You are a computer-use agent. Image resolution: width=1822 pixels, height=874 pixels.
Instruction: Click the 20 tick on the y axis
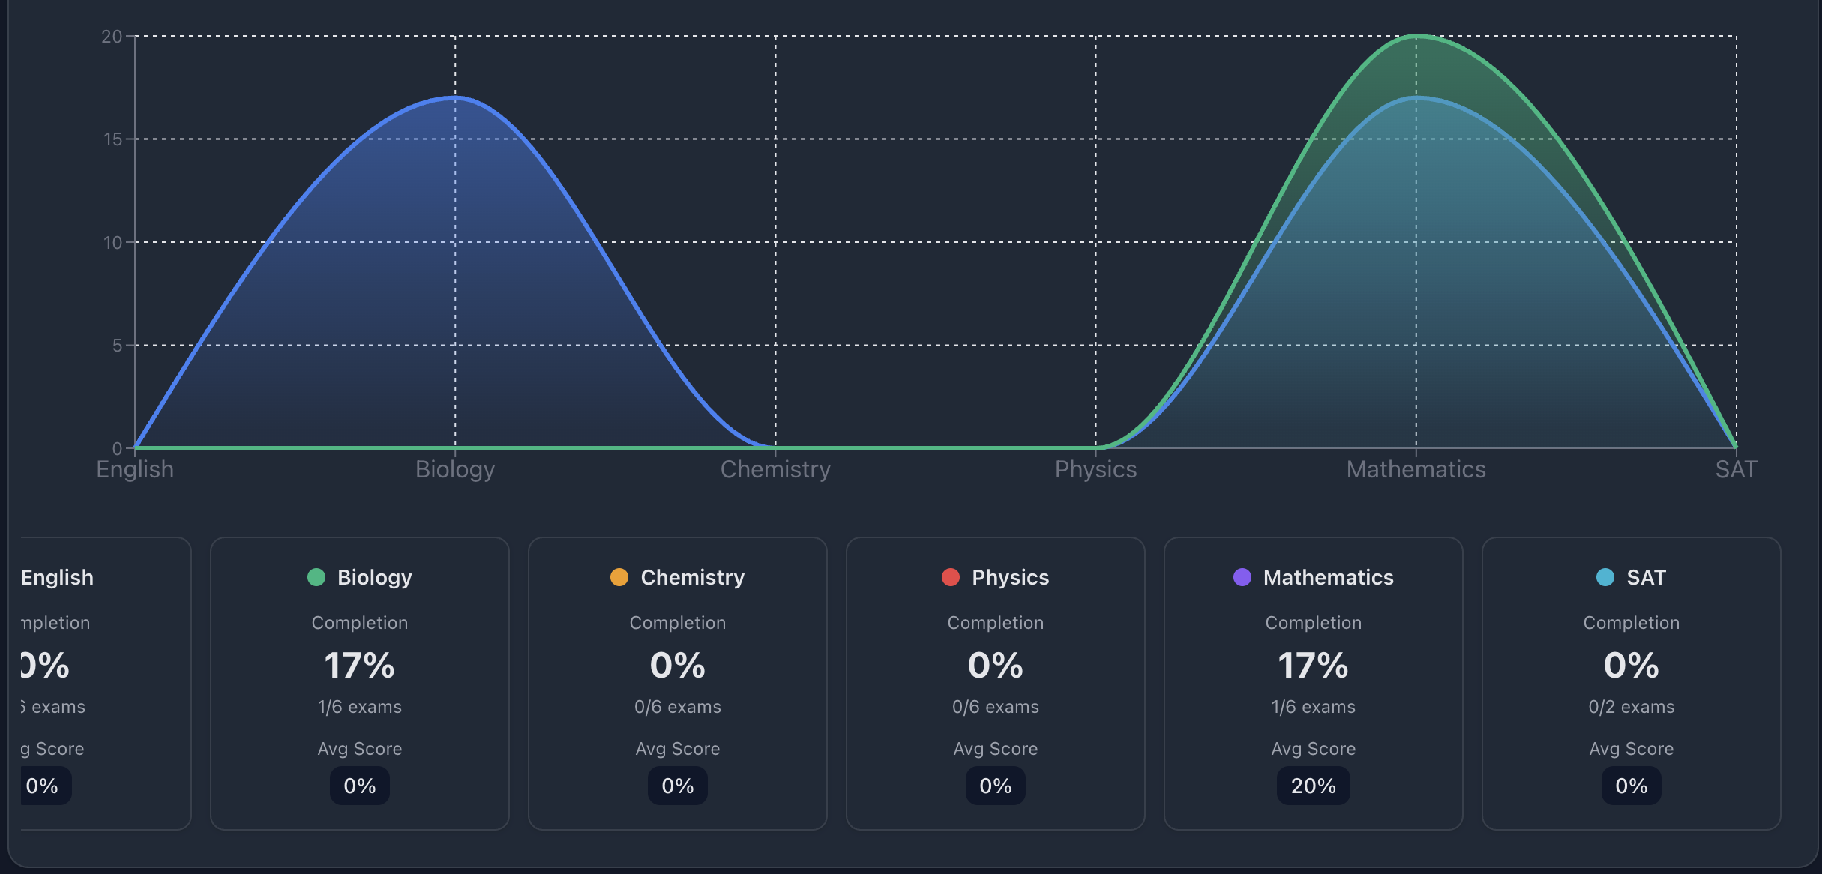click(x=112, y=37)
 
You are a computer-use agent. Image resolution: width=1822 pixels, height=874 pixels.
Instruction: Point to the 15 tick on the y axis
click(x=112, y=139)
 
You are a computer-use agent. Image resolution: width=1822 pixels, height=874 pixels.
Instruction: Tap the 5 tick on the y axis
click(x=117, y=346)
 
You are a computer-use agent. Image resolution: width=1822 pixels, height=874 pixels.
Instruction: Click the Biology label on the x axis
click(x=455, y=470)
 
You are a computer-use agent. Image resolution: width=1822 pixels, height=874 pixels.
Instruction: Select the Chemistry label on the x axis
click(x=775, y=470)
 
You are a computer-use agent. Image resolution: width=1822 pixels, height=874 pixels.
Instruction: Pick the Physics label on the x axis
click(x=1095, y=470)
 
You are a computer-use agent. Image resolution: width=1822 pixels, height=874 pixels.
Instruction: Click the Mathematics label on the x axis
click(x=1416, y=470)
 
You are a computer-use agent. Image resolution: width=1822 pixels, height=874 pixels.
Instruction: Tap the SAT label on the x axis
click(x=1736, y=470)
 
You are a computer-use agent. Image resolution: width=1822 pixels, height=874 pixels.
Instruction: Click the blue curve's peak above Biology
click(x=455, y=97)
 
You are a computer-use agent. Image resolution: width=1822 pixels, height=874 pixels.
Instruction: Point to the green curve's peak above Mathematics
click(x=1416, y=36)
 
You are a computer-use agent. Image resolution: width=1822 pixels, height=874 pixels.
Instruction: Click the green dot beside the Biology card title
click(x=316, y=577)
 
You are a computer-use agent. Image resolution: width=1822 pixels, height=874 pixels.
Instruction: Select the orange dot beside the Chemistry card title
click(x=619, y=577)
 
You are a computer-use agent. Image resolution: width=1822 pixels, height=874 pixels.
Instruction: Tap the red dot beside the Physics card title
click(x=951, y=577)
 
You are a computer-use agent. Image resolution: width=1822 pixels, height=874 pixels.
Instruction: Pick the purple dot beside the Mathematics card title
click(x=1242, y=577)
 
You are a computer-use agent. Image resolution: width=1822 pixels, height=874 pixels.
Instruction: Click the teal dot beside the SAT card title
click(x=1605, y=577)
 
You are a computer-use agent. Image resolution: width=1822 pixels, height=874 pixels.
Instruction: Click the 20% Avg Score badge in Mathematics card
click(x=1313, y=786)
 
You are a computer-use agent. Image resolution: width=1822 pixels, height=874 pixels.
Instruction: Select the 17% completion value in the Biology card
click(x=359, y=666)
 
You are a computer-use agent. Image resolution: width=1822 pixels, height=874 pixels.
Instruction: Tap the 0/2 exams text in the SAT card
click(x=1631, y=707)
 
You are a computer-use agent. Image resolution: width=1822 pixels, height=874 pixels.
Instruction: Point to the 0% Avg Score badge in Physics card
click(x=995, y=786)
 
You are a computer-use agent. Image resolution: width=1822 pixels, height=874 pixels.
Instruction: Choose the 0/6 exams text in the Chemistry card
click(x=677, y=707)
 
